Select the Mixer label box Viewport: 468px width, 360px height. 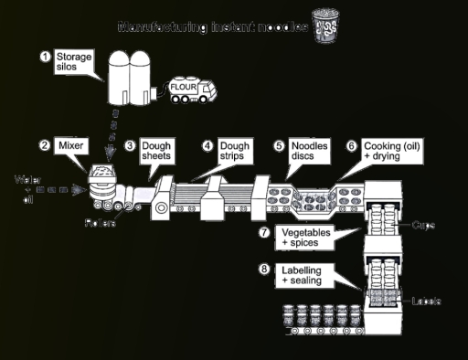pos(69,145)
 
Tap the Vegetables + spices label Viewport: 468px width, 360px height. pos(304,238)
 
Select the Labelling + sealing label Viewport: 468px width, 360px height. pos(305,275)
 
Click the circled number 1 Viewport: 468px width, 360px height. pos(44,57)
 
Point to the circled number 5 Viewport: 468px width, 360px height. pos(280,145)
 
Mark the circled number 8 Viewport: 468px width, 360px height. pos(264,270)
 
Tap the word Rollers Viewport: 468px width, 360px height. pos(100,223)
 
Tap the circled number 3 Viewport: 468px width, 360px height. pos(130,145)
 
